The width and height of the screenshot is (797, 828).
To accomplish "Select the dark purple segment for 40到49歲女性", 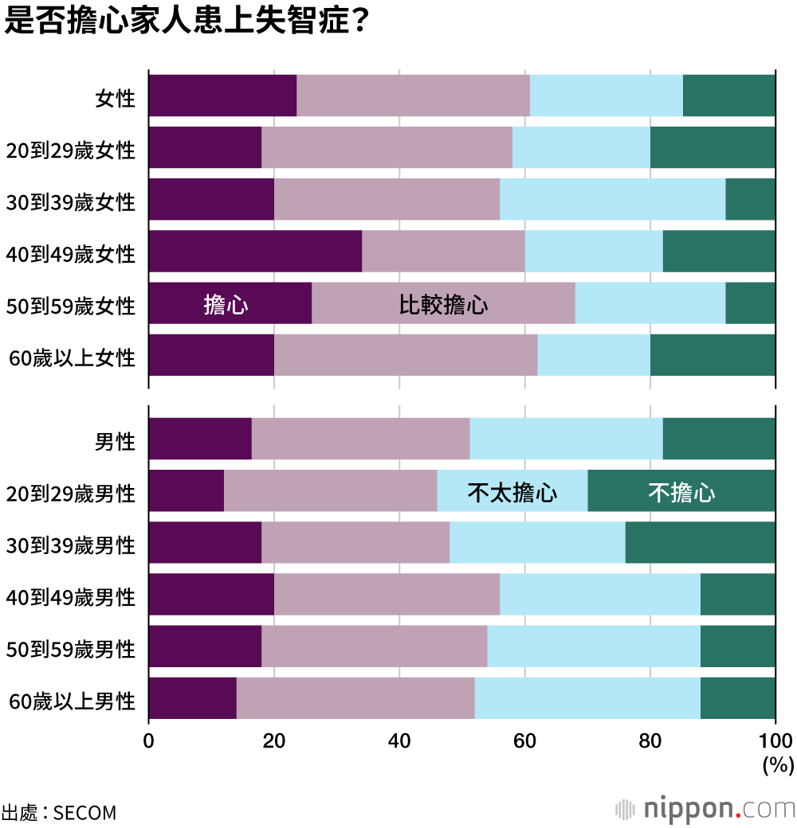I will point(255,252).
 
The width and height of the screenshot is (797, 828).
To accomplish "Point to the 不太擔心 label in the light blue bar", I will point(512,493).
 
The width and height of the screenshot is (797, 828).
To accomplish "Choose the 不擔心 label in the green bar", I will point(681,493).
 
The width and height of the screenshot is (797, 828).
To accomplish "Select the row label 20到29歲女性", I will point(70,150).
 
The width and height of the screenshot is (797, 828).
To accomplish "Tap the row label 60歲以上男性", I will point(72,701).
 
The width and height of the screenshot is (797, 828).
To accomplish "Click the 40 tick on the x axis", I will point(399,741).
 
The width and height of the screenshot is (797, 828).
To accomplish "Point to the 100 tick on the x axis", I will point(775,741).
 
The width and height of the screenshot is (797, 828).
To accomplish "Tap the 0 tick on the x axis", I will point(149,741).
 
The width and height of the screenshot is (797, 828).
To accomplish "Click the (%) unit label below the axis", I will point(777,766).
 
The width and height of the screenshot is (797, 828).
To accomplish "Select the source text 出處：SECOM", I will point(59,813).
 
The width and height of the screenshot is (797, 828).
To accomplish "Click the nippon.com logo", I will point(705,809).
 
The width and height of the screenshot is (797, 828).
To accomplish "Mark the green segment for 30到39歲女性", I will point(750,199).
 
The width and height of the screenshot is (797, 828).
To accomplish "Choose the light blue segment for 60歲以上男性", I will point(587,698).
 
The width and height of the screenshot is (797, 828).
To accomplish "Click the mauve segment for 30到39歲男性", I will point(355,542).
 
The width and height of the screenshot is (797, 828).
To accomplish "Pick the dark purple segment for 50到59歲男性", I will point(205,646).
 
